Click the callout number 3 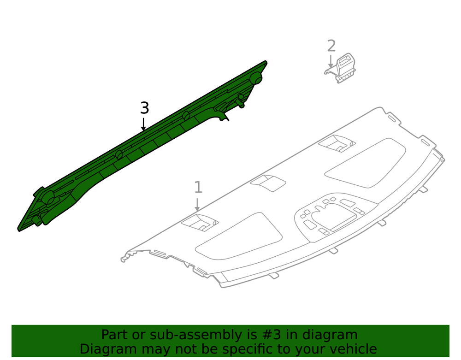pyautogui.click(x=144, y=108)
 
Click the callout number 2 pyautogui.click(x=331, y=46)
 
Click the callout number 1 pyautogui.click(x=198, y=187)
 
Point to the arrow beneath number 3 pyautogui.click(x=143, y=124)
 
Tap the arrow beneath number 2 pyautogui.click(x=331, y=62)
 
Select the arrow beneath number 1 pyautogui.click(x=197, y=205)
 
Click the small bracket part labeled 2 pyautogui.click(x=341, y=69)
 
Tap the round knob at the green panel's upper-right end pyautogui.click(x=256, y=78)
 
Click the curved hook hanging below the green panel pyautogui.click(x=224, y=116)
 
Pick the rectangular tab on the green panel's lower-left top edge pyautogui.click(x=39, y=192)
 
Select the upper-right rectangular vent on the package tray pyautogui.click(x=337, y=143)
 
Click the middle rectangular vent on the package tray pyautogui.click(x=268, y=183)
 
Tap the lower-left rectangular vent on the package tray pyautogui.click(x=200, y=223)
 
